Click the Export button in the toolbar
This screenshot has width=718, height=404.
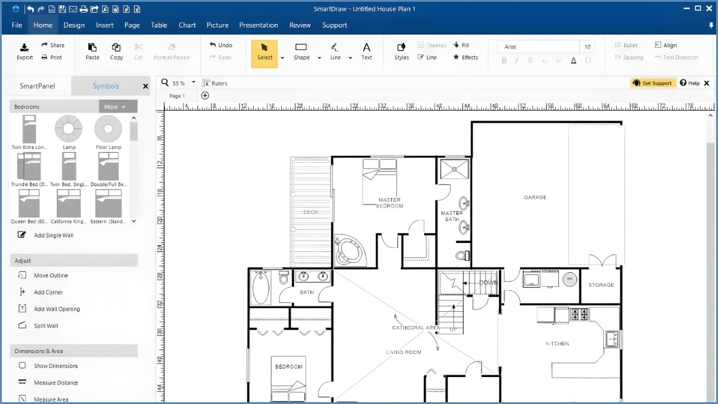click(x=25, y=51)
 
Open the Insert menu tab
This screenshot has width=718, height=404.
click(x=105, y=25)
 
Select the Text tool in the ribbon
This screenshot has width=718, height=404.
click(x=366, y=51)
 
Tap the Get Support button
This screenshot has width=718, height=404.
click(x=653, y=83)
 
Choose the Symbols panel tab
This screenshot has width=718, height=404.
click(x=105, y=86)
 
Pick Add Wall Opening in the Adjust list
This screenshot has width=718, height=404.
click(x=56, y=309)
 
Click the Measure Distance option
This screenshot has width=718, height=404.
click(x=56, y=382)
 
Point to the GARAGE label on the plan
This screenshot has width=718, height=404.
click(x=535, y=197)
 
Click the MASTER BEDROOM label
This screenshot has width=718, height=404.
click(x=390, y=203)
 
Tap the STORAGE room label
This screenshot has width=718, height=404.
click(x=601, y=285)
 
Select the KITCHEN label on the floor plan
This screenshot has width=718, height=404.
click(x=557, y=344)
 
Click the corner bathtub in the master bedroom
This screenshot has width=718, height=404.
click(x=348, y=249)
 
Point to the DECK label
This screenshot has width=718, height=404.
click(x=311, y=212)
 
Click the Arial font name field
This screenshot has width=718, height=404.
click(x=538, y=47)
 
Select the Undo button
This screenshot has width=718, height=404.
click(x=221, y=45)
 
